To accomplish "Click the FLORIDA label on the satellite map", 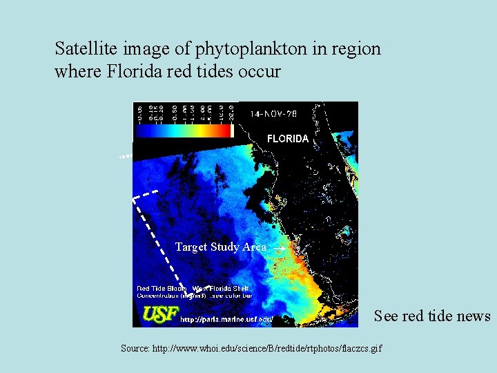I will coord(288,139).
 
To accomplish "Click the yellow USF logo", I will coord(159,315).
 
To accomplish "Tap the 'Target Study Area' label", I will coord(220,247).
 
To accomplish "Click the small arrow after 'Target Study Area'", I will coord(277,247).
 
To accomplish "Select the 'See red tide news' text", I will coord(432,316).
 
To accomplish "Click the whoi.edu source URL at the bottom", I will coord(268,348).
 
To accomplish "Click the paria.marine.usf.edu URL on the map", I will coord(226,319).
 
